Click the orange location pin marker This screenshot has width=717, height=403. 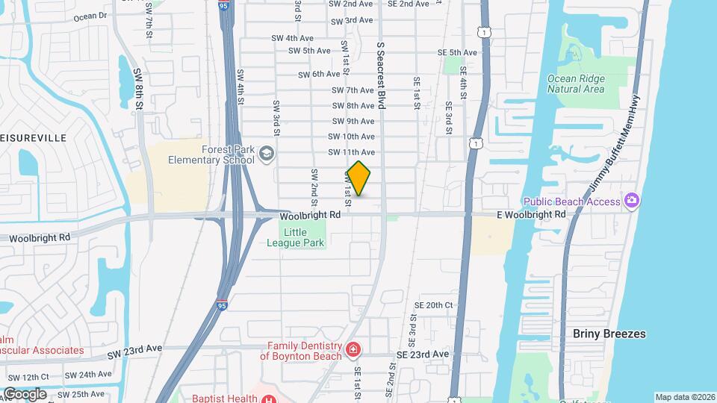coord(359,178)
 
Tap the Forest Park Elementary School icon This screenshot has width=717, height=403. coord(267,154)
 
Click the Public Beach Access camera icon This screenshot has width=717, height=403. coord(632,200)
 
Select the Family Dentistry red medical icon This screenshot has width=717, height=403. coord(353,349)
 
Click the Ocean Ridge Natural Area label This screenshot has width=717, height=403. coord(575,84)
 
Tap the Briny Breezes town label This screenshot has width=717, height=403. coord(609,334)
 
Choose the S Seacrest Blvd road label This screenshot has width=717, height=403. coord(381,75)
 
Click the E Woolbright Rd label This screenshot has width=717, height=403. coord(532,215)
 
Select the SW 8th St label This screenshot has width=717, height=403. coord(138,90)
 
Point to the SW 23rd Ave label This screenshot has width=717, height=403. coord(134,349)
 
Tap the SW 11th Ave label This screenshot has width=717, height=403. coord(351,152)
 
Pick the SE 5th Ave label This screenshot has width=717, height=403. coord(457,52)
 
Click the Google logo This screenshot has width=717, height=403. coord(24,393)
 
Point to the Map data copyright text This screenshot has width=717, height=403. coord(684,397)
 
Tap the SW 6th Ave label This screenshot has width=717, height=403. coord(319,75)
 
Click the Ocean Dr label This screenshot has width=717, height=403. coord(90,15)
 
